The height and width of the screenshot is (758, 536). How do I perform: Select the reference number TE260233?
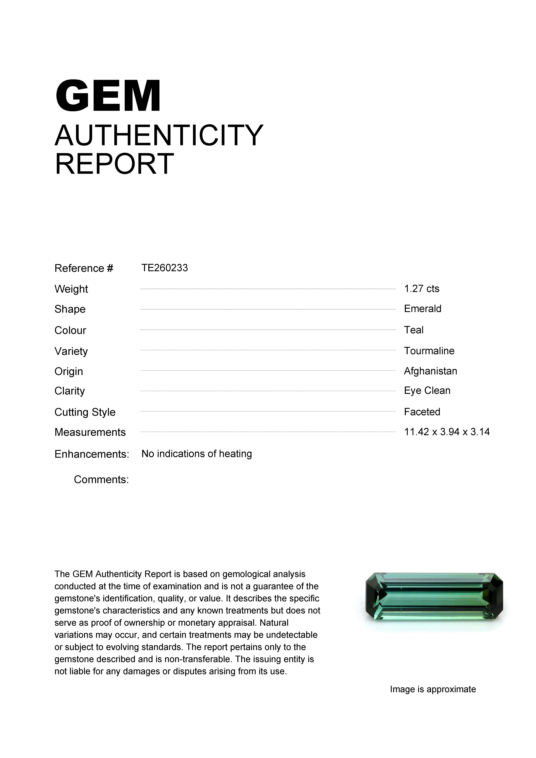point(165,268)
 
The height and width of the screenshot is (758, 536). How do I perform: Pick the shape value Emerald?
point(423,309)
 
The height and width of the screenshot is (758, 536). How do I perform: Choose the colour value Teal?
point(414,330)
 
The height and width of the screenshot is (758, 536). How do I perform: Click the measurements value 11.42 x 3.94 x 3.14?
point(447,432)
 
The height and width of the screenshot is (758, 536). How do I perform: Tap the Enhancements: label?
point(92,454)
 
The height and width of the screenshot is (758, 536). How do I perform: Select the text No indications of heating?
point(197,454)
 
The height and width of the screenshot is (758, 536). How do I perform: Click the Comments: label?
point(101,479)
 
